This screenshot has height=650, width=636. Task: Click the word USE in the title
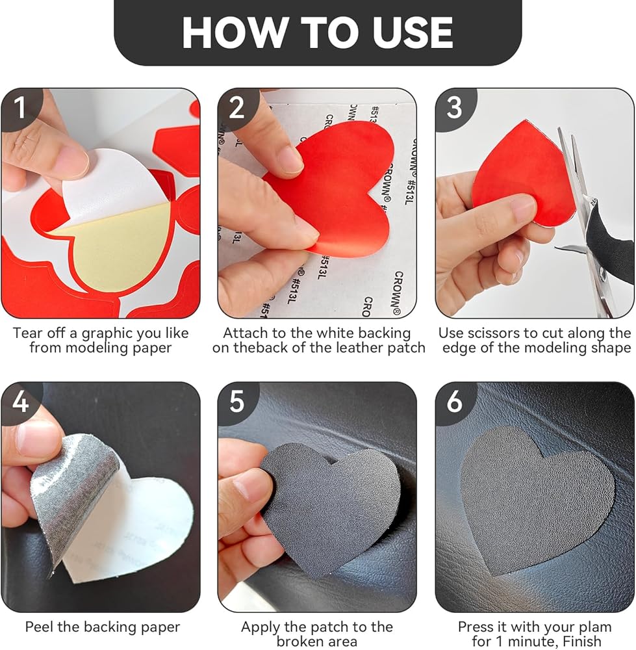(413, 32)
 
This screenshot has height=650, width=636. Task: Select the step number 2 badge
(236, 108)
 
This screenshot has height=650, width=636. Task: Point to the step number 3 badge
(454, 108)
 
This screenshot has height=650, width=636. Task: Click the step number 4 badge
(20, 402)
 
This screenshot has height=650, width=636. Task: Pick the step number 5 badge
(236, 402)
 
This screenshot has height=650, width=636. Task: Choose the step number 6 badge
(454, 402)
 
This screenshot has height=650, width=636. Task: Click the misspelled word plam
(593, 627)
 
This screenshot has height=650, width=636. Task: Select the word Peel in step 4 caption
(40, 627)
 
